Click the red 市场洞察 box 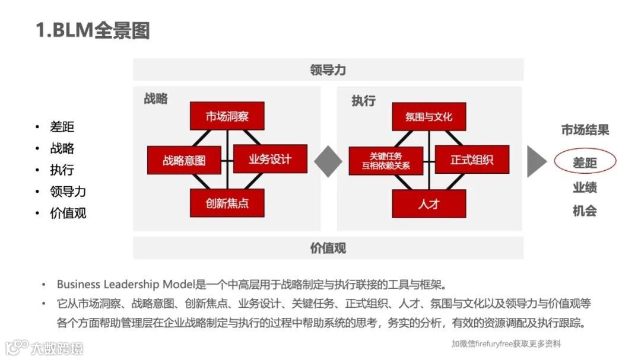coord(227,116)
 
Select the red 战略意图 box coord(184,160)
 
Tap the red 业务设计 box coord(270,159)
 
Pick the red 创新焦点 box coord(227,203)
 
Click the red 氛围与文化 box coord(429,116)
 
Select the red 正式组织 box coord(472,160)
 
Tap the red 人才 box coord(429,203)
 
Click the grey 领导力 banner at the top coord(328,69)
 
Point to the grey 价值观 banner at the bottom coord(328,248)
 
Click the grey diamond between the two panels coord(328,161)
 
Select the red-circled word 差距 coord(585,162)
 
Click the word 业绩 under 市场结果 coord(585,187)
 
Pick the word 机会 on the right coord(585,211)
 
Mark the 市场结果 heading coord(585,130)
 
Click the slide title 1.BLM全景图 coord(93,30)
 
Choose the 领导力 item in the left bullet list coord(68,192)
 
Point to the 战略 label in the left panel coord(156,99)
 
